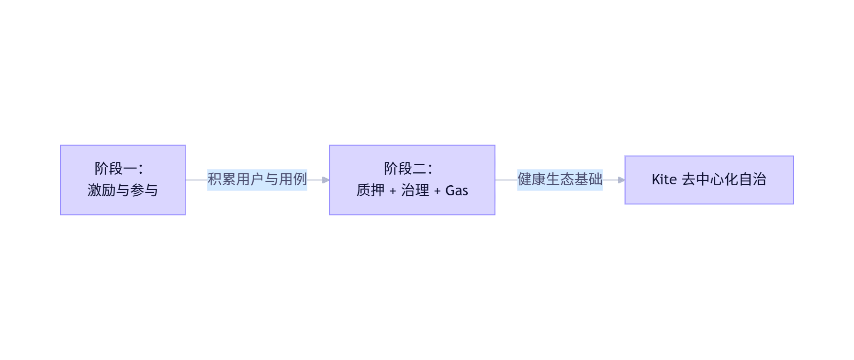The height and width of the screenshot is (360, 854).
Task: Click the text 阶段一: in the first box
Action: click(119, 169)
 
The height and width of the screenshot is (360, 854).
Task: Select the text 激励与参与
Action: click(123, 191)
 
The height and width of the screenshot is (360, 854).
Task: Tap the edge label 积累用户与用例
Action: click(257, 180)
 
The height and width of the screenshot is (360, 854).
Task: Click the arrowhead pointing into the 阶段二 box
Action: click(326, 180)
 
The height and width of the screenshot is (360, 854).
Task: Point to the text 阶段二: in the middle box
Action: click(408, 169)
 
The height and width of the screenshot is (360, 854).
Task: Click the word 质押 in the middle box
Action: click(371, 191)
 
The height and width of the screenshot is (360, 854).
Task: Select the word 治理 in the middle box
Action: click(415, 191)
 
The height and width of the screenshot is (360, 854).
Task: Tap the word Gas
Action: click(457, 191)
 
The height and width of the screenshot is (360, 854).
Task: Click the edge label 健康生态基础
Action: click(560, 180)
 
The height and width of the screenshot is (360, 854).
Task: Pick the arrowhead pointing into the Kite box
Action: click(621, 180)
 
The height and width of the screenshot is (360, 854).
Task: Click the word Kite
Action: click(664, 180)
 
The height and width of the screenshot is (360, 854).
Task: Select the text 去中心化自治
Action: click(724, 180)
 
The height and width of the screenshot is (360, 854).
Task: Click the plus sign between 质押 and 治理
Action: click(393, 191)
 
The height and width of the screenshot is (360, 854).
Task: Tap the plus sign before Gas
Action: click(437, 191)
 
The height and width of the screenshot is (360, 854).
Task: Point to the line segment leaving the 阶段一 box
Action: click(196, 180)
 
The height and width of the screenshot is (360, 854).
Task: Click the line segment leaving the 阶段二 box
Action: click(506, 180)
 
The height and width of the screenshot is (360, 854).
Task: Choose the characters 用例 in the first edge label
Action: click(293, 180)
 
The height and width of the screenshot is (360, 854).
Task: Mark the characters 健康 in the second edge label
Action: click(532, 180)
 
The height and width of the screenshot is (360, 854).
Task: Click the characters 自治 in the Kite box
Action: click(753, 180)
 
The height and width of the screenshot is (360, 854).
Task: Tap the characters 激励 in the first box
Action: click(101, 191)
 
